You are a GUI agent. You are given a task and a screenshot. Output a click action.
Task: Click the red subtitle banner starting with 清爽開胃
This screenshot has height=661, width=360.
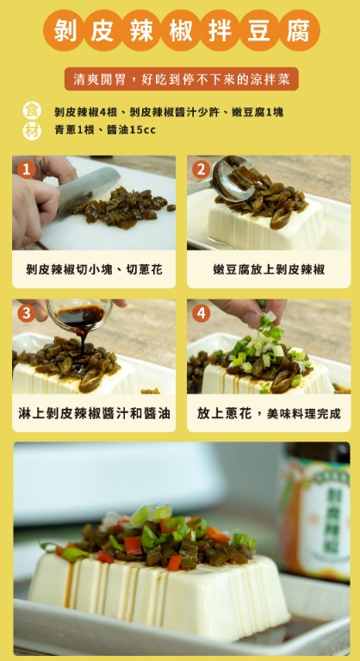(x=181, y=79)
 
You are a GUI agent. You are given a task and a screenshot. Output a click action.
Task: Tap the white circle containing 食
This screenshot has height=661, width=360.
(x=32, y=111)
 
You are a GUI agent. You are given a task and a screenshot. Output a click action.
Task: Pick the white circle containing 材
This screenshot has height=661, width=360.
(x=32, y=131)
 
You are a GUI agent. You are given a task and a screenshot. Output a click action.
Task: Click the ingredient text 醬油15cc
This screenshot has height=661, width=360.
(x=130, y=130)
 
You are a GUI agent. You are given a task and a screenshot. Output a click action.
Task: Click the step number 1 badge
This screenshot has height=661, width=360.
(x=26, y=169)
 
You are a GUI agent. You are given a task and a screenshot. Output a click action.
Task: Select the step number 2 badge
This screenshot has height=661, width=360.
(x=202, y=169)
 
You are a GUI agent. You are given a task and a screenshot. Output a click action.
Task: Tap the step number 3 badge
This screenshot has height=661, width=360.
(x=26, y=313)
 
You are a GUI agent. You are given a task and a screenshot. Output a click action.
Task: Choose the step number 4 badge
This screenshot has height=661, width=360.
(x=202, y=313)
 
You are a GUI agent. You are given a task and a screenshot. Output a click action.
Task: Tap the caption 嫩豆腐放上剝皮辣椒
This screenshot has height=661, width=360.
(x=269, y=269)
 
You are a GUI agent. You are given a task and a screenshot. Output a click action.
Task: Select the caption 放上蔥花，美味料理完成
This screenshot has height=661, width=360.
(x=269, y=413)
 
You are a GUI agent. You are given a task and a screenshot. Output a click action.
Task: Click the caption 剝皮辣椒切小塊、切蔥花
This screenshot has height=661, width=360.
(x=93, y=269)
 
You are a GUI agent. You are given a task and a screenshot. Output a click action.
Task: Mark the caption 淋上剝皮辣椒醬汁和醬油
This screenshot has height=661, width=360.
(x=93, y=413)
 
